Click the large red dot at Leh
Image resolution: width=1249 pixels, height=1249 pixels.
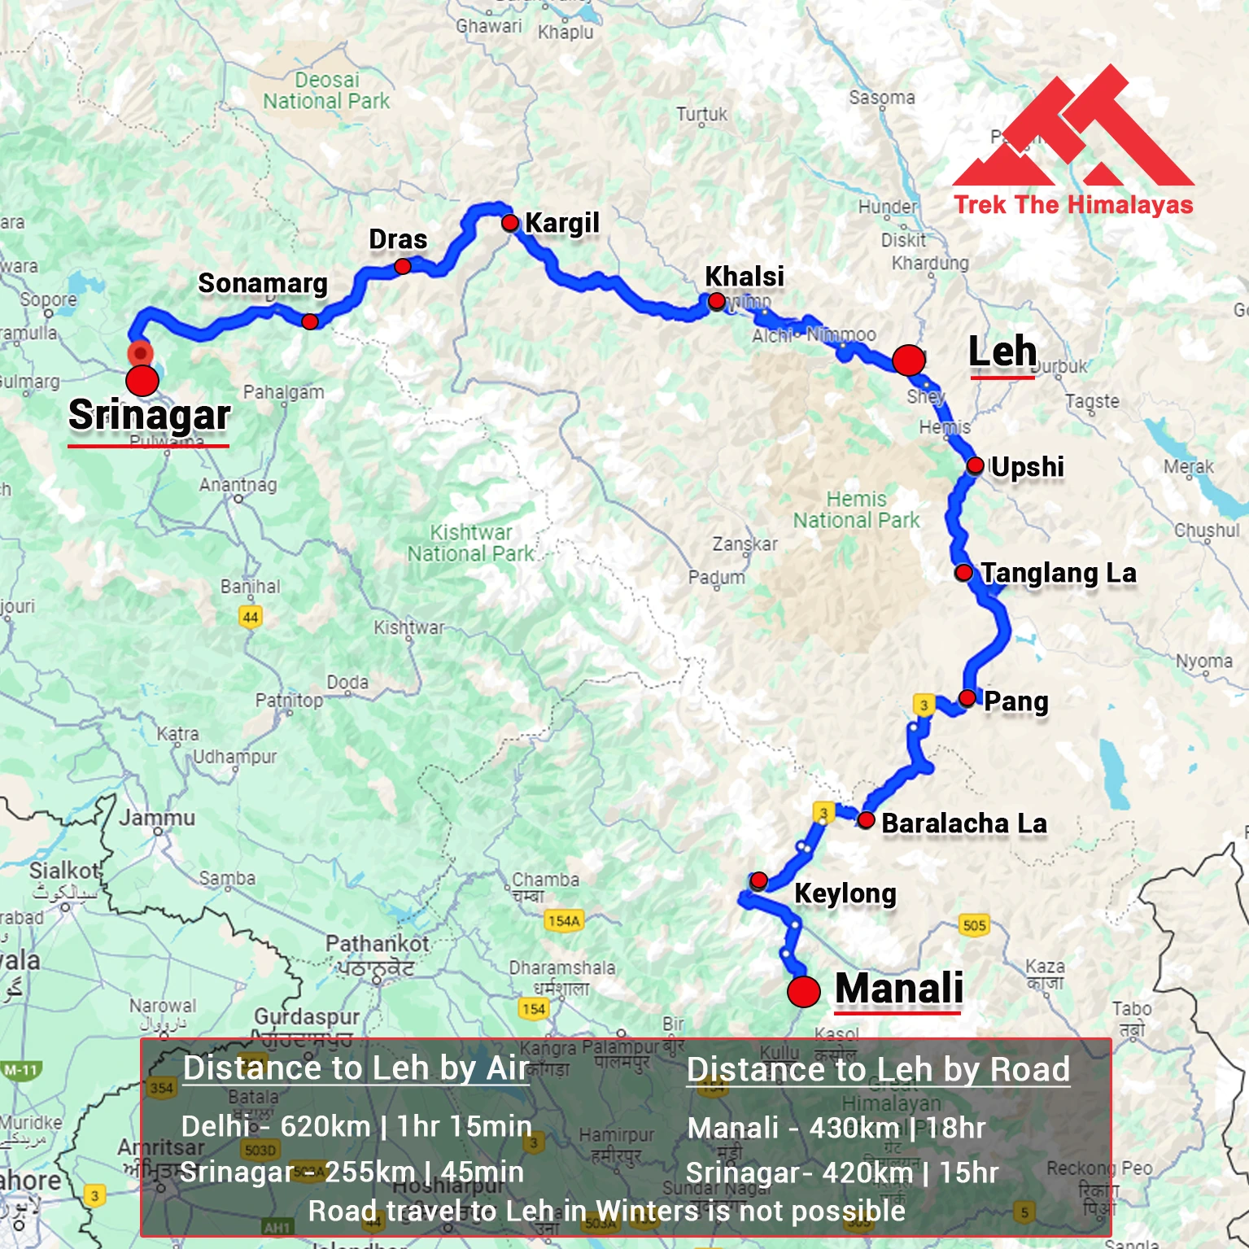pos(908,359)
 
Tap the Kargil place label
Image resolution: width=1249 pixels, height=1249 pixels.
pos(561,222)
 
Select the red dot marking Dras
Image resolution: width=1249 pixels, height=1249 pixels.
pos(402,266)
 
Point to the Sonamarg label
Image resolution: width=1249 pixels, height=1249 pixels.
pos(263,283)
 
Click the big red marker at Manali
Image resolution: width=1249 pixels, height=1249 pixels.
pos(803,991)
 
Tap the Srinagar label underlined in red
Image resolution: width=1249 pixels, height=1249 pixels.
pos(149,415)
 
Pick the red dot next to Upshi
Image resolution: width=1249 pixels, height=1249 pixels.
pos(975,465)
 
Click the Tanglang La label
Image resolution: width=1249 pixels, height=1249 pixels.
pos(1058,573)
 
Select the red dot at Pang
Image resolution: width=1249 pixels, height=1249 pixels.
pos(967,697)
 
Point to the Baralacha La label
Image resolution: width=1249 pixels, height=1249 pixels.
pos(964,823)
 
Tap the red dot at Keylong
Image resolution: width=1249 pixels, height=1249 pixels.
pos(758,880)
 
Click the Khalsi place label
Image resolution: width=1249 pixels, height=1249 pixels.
pos(744,277)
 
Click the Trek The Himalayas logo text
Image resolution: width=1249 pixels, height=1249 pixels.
pos(1073,204)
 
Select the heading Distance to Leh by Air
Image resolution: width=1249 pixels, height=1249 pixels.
pos(356,1068)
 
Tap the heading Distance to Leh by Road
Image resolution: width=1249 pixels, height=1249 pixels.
pos(878,1069)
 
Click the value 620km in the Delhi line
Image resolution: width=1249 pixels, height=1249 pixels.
pos(325,1126)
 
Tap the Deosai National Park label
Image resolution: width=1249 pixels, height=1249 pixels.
pos(326,90)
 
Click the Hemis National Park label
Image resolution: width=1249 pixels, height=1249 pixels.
pos(856,509)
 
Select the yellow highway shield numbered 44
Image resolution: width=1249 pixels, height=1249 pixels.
pos(251,617)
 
